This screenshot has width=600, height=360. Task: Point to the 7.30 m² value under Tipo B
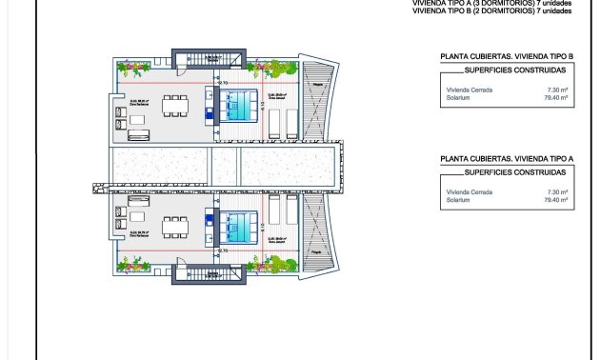(x=558, y=88)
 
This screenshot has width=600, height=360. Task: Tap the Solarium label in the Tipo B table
(x=457, y=96)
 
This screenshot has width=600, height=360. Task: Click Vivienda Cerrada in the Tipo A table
(x=467, y=191)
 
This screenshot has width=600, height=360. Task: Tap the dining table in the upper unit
(x=174, y=105)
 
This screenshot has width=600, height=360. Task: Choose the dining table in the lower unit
(x=174, y=228)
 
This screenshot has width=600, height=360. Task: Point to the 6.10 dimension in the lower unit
(x=261, y=225)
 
